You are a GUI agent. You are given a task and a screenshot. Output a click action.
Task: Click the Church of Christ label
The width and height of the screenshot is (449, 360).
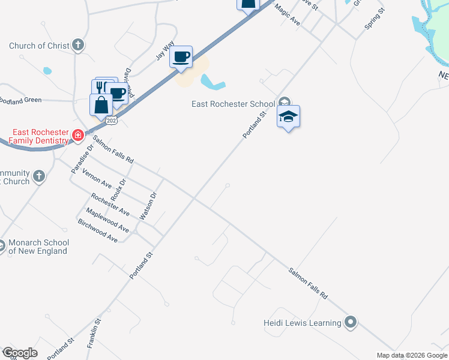click(x=39, y=46)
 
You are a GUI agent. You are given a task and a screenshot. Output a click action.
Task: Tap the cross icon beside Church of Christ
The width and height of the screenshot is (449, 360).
click(x=77, y=45)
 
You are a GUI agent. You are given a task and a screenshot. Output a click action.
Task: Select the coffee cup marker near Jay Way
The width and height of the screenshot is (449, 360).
click(x=181, y=58)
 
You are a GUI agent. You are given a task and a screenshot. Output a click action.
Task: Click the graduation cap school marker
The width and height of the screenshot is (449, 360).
click(x=288, y=117)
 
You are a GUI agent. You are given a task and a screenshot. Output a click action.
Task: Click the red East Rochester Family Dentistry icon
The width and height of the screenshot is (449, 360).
click(x=77, y=136)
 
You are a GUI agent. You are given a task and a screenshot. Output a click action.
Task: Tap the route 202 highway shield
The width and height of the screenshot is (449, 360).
click(x=111, y=121)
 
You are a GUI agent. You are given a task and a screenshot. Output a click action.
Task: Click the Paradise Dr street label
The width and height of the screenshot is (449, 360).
click(x=83, y=159)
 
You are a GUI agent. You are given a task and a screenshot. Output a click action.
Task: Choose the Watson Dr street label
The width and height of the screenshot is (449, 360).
click(x=148, y=206)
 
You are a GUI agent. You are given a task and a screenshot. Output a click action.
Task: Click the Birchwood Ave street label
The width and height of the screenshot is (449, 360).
click(x=98, y=230)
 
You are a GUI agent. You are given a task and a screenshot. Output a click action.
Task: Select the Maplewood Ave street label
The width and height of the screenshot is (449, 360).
click(x=107, y=220)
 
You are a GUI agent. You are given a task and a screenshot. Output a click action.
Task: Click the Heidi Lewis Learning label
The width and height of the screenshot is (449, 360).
click(x=303, y=323)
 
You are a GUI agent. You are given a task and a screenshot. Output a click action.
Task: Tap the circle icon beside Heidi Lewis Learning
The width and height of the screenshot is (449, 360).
click(x=351, y=322)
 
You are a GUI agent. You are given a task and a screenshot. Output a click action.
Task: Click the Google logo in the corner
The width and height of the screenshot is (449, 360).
click(x=20, y=353)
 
